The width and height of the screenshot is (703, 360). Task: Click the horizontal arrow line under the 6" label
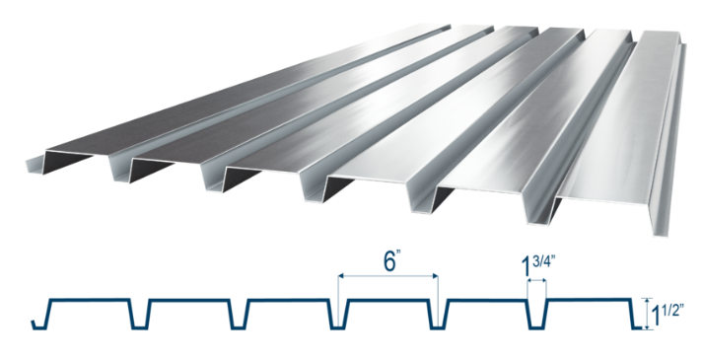point(387,276)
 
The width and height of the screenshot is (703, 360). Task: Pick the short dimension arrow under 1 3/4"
point(536,281)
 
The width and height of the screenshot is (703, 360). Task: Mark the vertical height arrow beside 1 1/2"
point(647,314)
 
